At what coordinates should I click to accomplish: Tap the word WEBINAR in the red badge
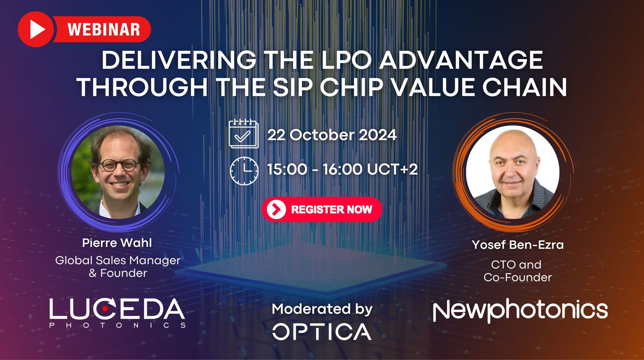click(x=104, y=30)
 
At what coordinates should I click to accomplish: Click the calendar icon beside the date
click(x=244, y=134)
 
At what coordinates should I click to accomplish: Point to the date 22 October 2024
click(x=332, y=135)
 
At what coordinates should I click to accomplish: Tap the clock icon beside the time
click(x=244, y=170)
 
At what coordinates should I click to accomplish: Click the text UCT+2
click(x=392, y=169)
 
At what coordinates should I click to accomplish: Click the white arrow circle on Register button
click(x=276, y=209)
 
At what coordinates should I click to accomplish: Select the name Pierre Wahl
click(x=117, y=243)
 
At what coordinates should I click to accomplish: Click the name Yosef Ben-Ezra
click(x=518, y=245)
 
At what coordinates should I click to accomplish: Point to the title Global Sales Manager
click(x=118, y=260)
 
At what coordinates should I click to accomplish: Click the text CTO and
click(x=516, y=264)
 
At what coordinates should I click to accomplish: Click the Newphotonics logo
click(x=520, y=310)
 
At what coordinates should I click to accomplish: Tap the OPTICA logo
click(x=322, y=331)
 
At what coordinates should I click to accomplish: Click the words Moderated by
click(x=322, y=309)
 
